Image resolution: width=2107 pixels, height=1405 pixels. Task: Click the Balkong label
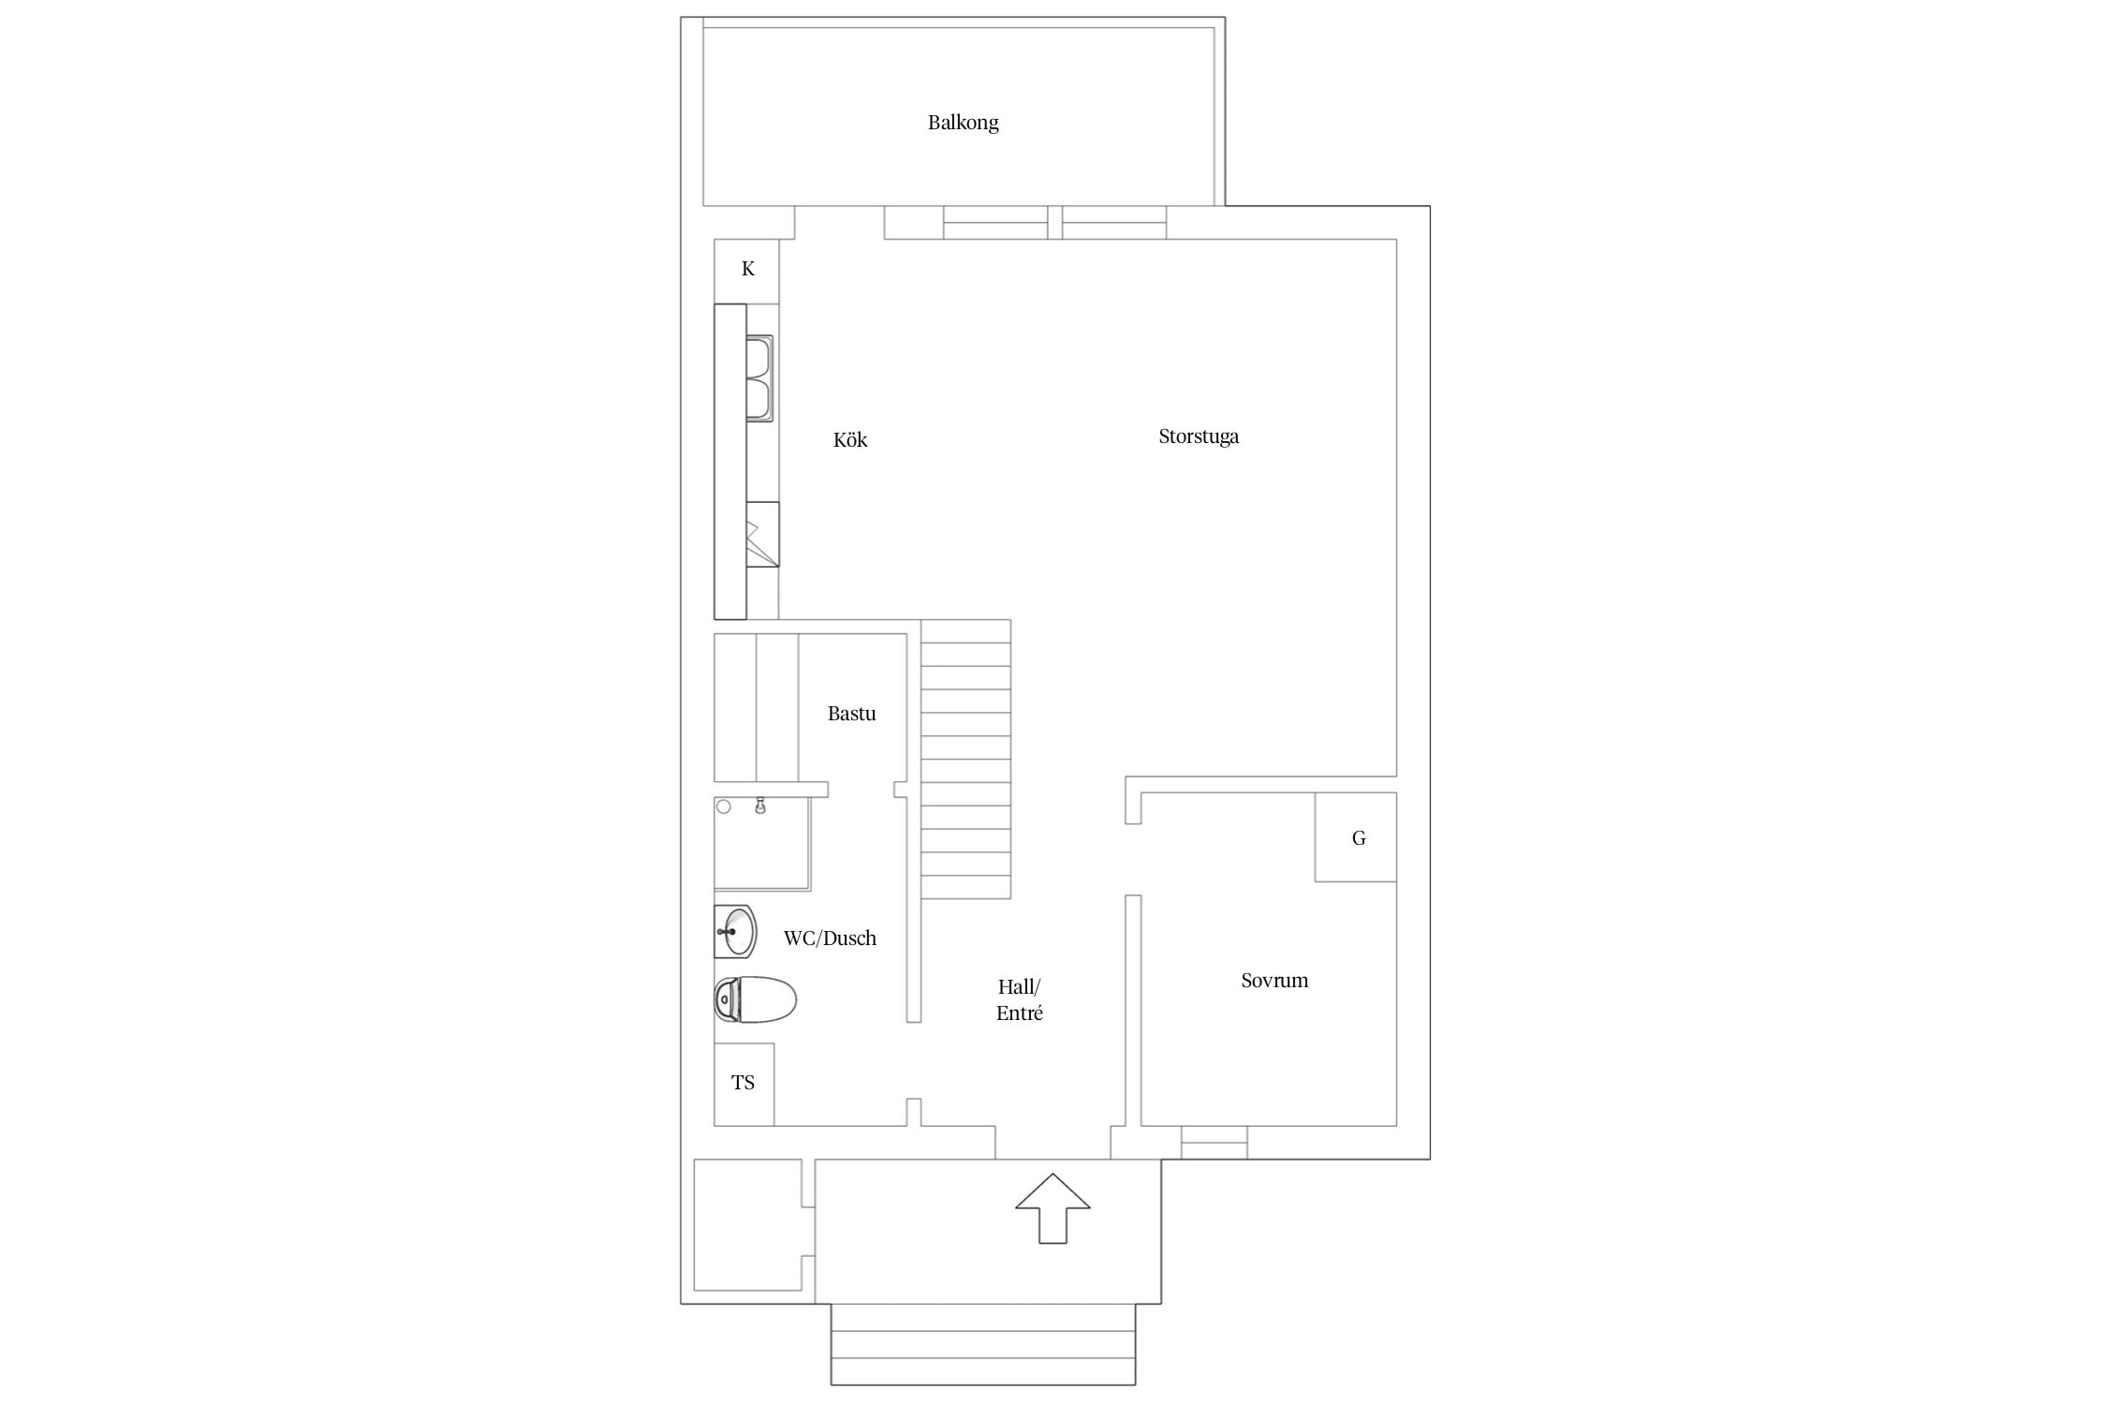click(963, 123)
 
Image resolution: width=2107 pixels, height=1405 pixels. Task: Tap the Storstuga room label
click(1199, 436)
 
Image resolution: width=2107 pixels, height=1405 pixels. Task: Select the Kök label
click(850, 439)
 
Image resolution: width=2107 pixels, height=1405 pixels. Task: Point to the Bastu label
click(851, 714)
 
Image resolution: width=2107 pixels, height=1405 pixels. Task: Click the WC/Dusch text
click(830, 939)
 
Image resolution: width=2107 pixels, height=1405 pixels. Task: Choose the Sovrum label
click(1275, 981)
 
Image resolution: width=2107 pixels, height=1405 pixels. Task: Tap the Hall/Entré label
click(1019, 999)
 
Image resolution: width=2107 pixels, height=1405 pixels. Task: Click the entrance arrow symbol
click(1053, 1208)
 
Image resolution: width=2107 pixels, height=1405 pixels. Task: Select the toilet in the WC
click(755, 999)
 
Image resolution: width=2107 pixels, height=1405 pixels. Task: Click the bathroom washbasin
click(735, 932)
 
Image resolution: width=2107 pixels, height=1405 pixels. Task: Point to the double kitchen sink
click(759, 378)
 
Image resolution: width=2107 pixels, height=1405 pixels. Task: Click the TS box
click(744, 1084)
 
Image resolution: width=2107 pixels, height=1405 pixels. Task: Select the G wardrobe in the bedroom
click(1355, 837)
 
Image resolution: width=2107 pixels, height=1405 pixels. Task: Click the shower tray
click(762, 843)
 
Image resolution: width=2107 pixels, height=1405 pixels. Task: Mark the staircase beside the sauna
click(965, 759)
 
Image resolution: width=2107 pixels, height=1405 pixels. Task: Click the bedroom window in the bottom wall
click(1214, 1143)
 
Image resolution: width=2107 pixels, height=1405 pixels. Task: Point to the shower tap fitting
click(760, 806)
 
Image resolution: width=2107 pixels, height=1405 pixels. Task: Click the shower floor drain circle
click(724, 806)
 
